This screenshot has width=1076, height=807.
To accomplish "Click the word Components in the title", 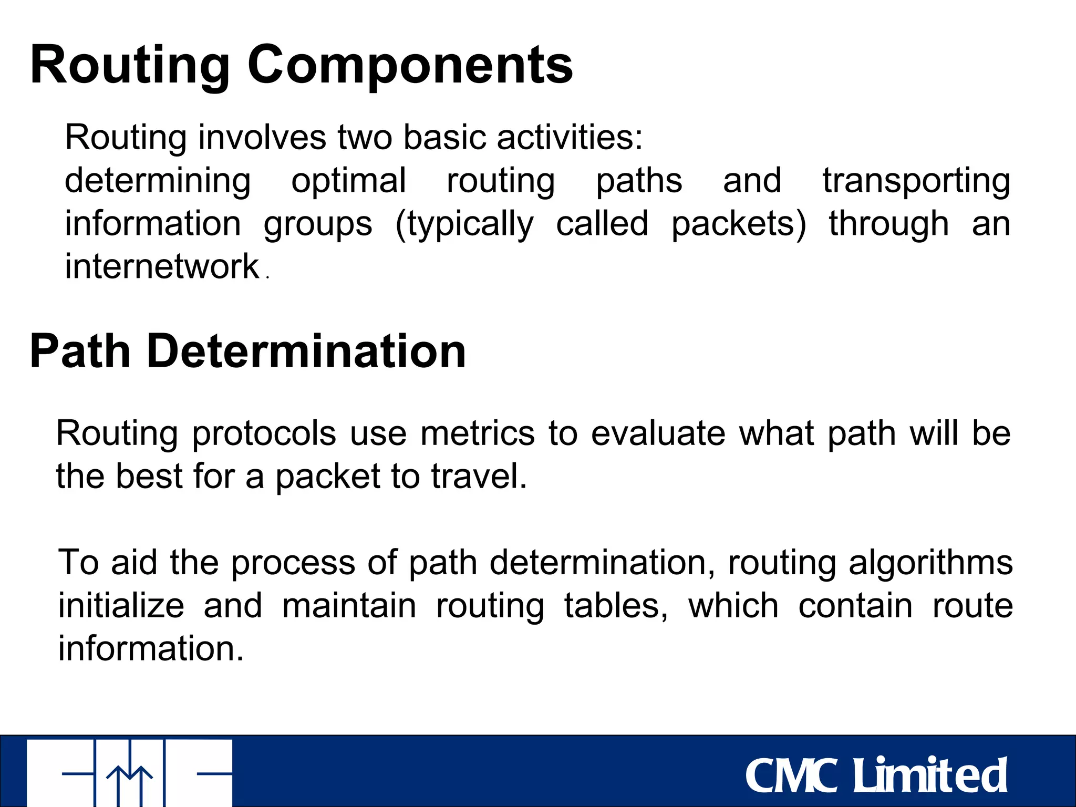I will tap(410, 65).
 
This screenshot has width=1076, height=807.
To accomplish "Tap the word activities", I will tap(570, 138).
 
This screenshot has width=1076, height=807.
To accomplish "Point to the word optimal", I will tap(349, 181).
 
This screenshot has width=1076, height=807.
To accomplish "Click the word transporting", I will tap(916, 181).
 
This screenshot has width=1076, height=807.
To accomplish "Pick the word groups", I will tap(318, 224).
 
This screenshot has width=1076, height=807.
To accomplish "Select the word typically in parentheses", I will tap(464, 224).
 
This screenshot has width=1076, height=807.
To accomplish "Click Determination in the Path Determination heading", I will tap(306, 351).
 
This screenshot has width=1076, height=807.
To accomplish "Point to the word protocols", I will tap(264, 434).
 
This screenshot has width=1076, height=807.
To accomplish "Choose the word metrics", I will tap(478, 434).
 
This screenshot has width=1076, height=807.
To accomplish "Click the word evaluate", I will tap(658, 434).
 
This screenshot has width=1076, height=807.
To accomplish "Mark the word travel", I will tap(478, 477).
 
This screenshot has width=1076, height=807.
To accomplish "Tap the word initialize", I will tap(121, 606).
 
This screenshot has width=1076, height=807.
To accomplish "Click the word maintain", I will tap(349, 606).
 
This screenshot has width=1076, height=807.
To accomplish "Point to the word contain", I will tap(855, 606).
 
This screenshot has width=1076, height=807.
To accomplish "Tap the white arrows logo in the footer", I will tap(129, 772).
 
